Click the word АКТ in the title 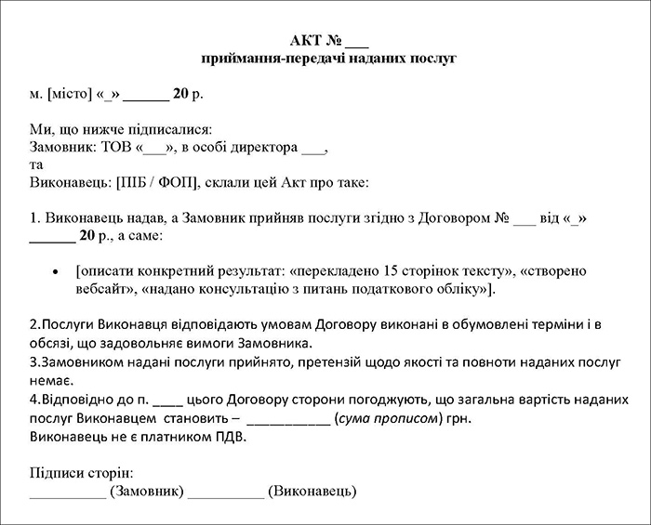[x=306, y=41]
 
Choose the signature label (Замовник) [x=146, y=491]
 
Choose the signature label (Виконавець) [x=312, y=491]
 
